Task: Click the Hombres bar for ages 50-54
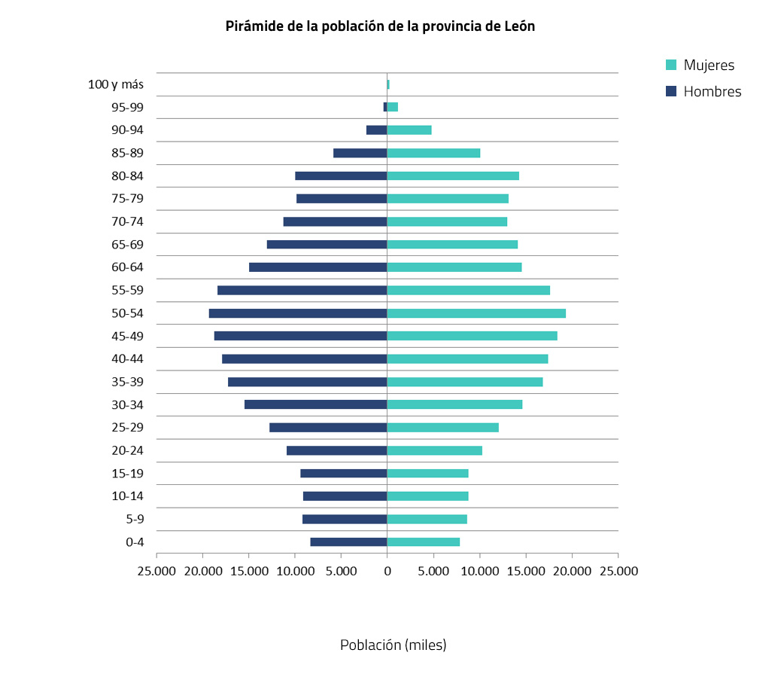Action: point(298,313)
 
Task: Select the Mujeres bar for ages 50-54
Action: point(476,313)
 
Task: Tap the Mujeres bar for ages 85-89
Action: point(433,153)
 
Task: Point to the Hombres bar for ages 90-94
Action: point(376,130)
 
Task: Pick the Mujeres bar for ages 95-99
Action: point(393,107)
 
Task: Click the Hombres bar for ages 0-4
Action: point(348,542)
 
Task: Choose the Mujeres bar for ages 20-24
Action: point(435,450)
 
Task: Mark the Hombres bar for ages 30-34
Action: point(316,404)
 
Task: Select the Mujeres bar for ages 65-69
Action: point(452,245)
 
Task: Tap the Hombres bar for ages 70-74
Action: point(335,221)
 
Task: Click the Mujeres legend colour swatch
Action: point(672,66)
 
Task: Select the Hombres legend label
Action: point(712,92)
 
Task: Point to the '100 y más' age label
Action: point(116,84)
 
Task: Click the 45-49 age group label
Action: point(127,336)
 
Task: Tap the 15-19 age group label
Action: point(127,474)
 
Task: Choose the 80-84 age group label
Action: point(127,176)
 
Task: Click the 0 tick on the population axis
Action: point(387,571)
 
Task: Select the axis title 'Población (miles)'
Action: point(393,645)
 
